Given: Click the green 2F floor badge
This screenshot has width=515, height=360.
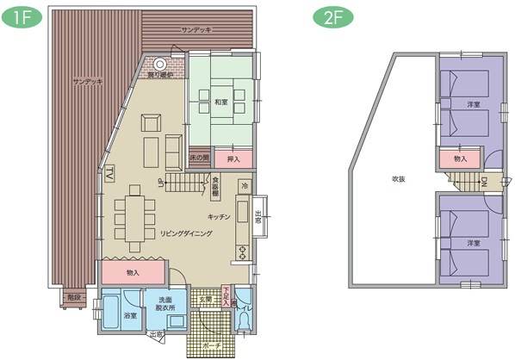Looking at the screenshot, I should tap(331, 17).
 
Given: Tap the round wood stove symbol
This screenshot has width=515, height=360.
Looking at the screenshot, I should tap(160, 63).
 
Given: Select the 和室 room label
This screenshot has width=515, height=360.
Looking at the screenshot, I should tap(221, 102).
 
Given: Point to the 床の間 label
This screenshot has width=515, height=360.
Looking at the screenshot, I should tap(200, 158).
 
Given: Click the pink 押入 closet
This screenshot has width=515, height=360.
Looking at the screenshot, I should tap(233, 158).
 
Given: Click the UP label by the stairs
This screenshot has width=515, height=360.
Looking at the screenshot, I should tap(160, 183).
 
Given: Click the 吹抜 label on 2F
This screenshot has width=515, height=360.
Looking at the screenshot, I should tap(398, 179).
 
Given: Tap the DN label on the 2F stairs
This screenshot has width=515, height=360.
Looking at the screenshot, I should tap(485, 183).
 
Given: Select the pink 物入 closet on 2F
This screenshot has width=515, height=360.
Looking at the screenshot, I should tap(459, 158).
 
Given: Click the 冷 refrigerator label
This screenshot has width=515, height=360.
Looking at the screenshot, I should tap(245, 185).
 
